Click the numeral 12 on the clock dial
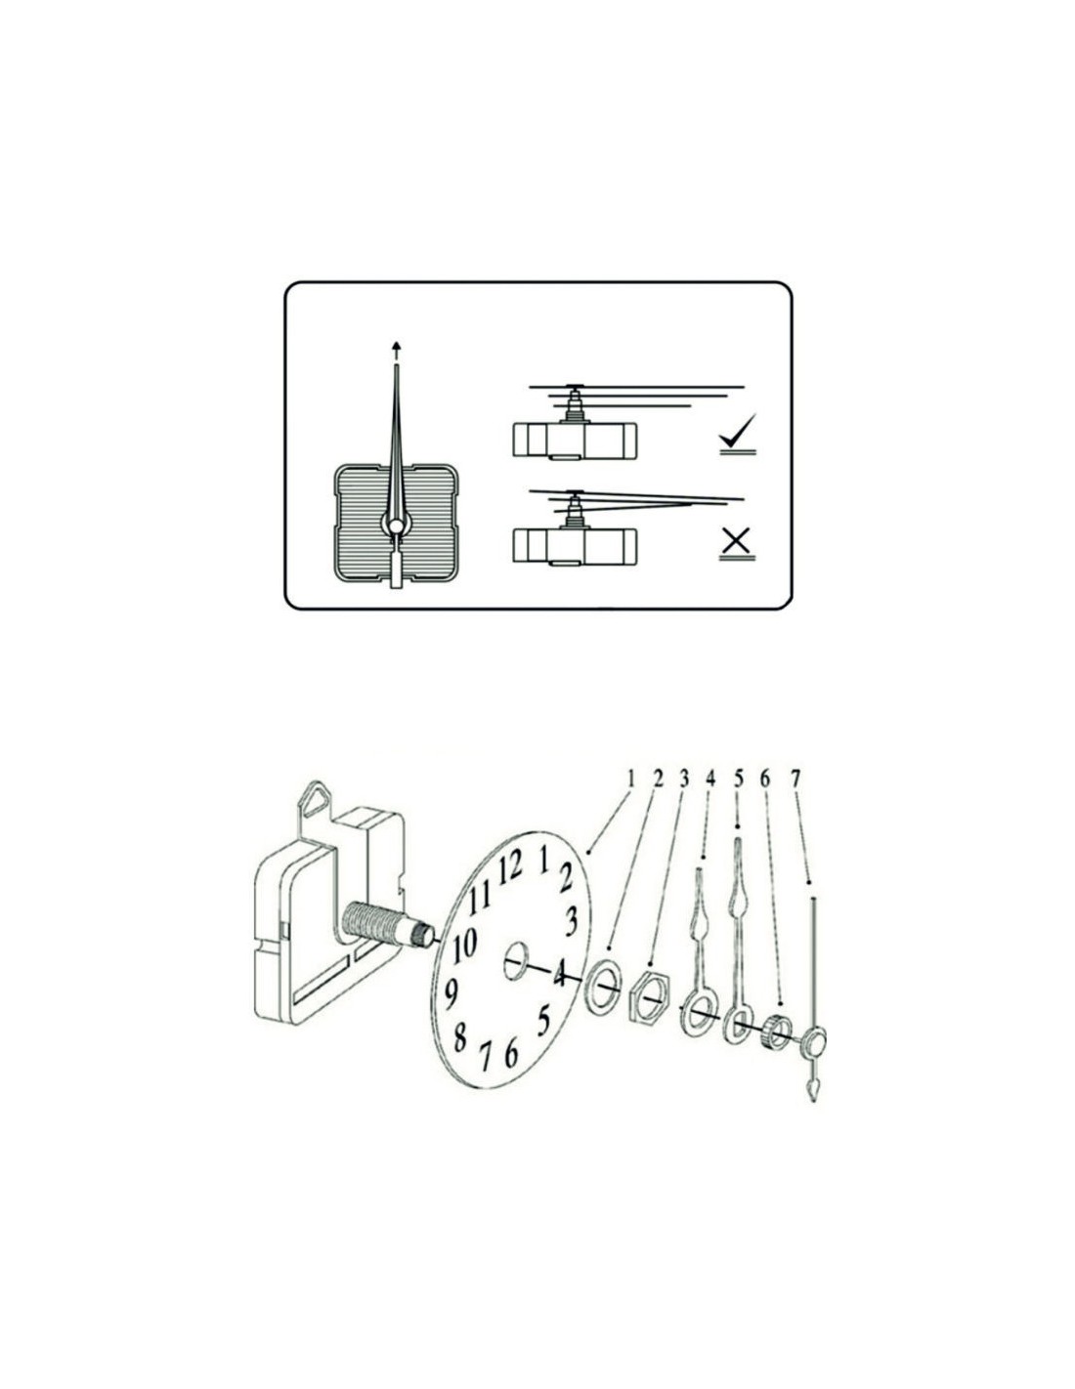coord(512,870)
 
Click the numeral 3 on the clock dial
coord(571,921)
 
